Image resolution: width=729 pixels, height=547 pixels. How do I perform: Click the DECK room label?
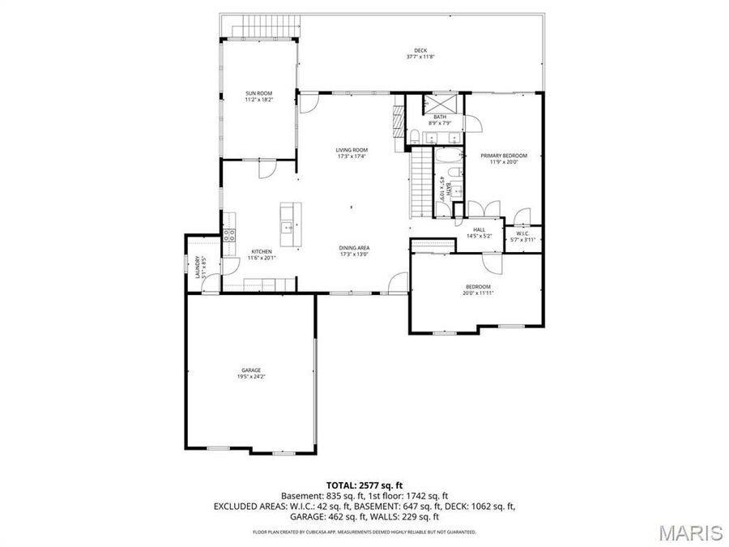pyautogui.click(x=420, y=50)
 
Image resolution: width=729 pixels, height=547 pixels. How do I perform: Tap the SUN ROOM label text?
pyautogui.click(x=259, y=94)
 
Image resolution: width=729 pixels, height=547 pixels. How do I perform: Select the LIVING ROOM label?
pyautogui.click(x=352, y=150)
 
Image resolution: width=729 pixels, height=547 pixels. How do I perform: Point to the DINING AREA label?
pyautogui.click(x=354, y=248)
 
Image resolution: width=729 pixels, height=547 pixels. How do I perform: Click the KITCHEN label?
pyautogui.click(x=261, y=252)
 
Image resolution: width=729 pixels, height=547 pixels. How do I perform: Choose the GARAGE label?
pyautogui.click(x=250, y=370)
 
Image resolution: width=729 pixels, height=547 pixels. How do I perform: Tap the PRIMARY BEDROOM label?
pyautogui.click(x=503, y=156)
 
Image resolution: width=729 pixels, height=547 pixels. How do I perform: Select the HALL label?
pyautogui.click(x=479, y=229)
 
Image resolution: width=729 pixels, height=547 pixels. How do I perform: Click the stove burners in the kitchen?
pyautogui.click(x=229, y=235)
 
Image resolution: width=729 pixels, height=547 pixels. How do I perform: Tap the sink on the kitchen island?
pyautogui.click(x=287, y=229)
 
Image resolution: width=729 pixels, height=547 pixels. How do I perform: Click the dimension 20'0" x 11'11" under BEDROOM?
pyautogui.click(x=478, y=293)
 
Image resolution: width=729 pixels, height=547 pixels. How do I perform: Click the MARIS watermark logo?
pyautogui.click(x=689, y=532)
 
